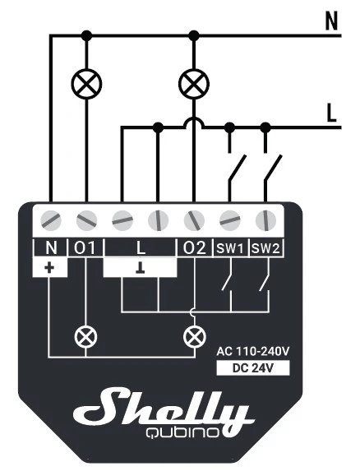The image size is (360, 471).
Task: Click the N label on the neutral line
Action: click(331, 21)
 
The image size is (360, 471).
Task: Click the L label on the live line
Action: click(331, 113)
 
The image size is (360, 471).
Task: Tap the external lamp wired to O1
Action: click(86, 84)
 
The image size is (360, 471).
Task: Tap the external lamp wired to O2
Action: click(194, 84)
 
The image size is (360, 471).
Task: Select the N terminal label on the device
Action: click(51, 248)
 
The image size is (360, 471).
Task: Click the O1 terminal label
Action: click(85, 248)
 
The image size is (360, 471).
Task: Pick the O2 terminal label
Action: click(195, 248)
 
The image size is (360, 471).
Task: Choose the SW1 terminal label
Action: click(230, 249)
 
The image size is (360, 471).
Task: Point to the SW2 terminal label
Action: click(265, 249)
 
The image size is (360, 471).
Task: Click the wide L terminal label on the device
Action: click(141, 248)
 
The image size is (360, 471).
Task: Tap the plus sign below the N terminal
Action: click(49, 267)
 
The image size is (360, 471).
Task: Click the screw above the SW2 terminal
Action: click(265, 220)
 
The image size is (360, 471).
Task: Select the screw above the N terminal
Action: click(51, 220)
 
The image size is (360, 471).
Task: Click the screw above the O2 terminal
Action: click(194, 220)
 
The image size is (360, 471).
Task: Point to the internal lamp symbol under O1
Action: click(85, 336)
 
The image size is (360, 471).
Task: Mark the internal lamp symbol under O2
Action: click(195, 336)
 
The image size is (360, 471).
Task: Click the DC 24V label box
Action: click(253, 368)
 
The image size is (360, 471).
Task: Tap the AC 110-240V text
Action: click(253, 351)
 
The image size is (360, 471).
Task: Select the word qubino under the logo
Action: click(182, 432)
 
